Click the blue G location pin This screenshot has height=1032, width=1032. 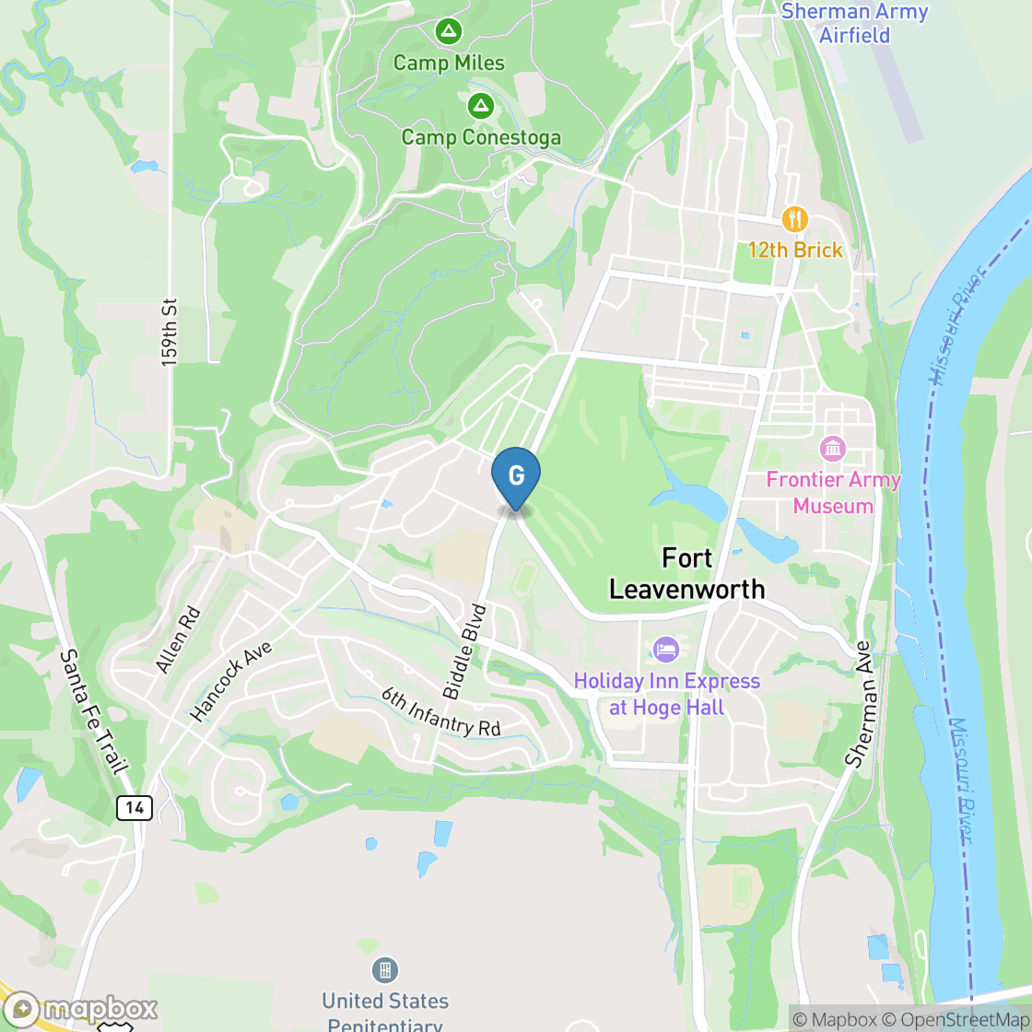[516, 476]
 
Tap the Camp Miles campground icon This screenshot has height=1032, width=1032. [449, 32]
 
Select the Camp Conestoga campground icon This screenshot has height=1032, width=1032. [480, 106]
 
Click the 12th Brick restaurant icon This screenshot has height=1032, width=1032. [794, 219]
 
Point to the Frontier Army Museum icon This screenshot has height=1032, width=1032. [833, 450]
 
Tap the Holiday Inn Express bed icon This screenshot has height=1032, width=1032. [666, 650]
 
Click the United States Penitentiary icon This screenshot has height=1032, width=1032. [384, 969]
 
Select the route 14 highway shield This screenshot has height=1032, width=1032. [135, 808]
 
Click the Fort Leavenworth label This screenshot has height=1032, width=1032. [686, 573]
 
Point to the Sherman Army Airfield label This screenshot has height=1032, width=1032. [854, 23]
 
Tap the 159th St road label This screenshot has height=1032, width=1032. [169, 332]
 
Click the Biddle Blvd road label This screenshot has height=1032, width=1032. [464, 651]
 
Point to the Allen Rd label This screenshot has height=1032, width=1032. [178, 639]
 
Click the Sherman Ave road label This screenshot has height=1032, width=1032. [859, 705]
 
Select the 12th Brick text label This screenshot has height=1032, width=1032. [795, 251]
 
